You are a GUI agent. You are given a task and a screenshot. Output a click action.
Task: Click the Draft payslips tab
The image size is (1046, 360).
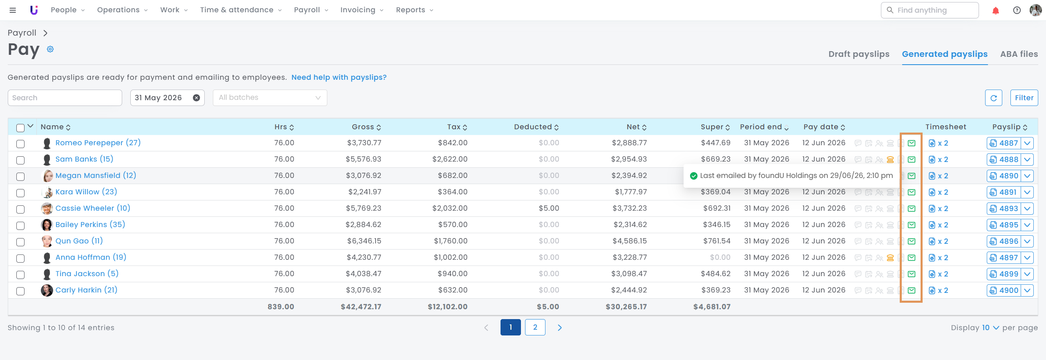point(858,54)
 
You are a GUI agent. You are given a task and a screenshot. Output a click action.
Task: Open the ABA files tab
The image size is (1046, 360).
point(1019,54)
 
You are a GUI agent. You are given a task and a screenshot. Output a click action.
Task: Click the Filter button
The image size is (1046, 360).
point(1024,98)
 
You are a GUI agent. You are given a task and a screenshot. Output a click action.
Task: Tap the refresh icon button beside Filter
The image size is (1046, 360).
point(994,98)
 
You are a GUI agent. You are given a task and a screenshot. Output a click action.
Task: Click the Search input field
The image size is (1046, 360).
point(65,98)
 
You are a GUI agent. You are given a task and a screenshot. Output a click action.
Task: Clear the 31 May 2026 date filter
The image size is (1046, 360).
point(197,98)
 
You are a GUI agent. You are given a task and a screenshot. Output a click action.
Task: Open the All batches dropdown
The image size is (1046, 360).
point(270,98)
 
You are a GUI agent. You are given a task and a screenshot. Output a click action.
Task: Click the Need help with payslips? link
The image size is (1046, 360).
point(339,77)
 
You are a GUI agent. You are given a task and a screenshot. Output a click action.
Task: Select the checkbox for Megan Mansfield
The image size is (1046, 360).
point(20,176)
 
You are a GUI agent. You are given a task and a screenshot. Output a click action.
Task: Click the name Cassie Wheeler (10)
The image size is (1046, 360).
point(93,208)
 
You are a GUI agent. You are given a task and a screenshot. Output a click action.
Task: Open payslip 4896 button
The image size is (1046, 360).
point(1004,241)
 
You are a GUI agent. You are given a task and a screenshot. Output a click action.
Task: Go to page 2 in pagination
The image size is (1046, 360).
point(535,327)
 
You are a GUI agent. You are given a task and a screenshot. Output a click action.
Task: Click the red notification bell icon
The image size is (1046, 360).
point(996,11)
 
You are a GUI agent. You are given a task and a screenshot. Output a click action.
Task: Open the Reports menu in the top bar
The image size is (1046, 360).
point(414,10)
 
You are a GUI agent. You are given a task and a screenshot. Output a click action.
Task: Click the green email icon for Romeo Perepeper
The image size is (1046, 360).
point(912,143)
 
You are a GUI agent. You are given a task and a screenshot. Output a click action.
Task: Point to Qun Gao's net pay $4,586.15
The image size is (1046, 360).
point(630,241)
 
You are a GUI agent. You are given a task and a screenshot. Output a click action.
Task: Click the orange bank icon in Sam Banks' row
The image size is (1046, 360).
point(890,160)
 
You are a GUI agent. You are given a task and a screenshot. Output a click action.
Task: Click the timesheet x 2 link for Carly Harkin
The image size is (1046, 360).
point(939,290)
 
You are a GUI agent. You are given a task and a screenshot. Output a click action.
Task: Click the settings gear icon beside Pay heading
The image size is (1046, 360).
point(50,49)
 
